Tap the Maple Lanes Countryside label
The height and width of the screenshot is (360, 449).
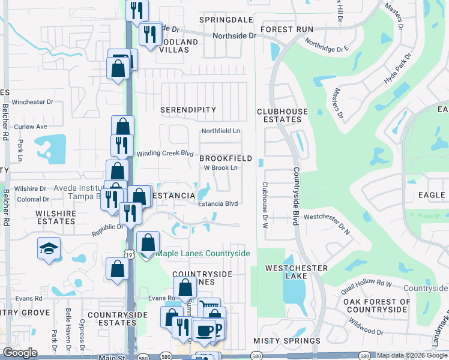(x=203, y=253)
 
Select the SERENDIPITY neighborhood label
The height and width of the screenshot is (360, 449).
(x=188, y=110)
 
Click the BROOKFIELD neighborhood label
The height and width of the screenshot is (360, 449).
(x=226, y=158)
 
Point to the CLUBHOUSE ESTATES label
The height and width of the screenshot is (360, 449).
(x=282, y=115)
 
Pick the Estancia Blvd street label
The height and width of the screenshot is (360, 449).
(x=218, y=203)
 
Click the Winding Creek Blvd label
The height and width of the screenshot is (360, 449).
(x=164, y=153)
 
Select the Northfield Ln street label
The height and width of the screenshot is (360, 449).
(x=220, y=131)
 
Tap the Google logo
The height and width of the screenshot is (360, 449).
(x=20, y=353)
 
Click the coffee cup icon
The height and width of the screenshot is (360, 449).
(x=204, y=331)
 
